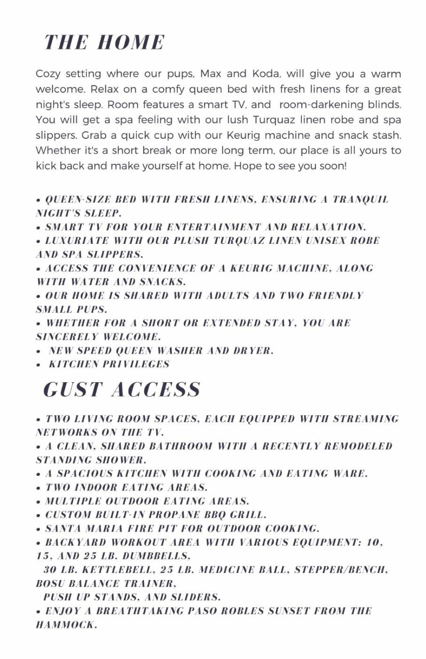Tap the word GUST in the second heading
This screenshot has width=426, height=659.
click(x=73, y=390)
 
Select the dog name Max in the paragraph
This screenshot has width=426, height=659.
click(x=211, y=74)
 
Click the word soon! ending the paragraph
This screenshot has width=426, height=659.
click(x=332, y=166)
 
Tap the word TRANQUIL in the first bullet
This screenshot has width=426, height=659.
click(x=361, y=199)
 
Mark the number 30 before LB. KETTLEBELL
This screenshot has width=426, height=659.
click(x=50, y=570)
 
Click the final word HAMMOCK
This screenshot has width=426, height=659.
click(x=65, y=626)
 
